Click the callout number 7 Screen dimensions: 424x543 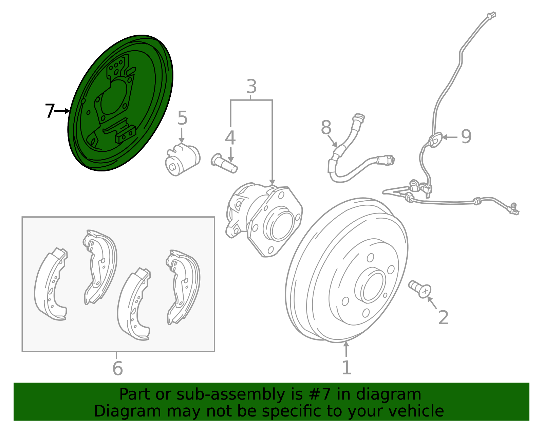pos(50,111)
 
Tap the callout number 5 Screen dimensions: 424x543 pos(182,118)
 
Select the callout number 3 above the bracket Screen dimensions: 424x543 pos(251,87)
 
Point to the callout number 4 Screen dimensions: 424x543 pos(230,138)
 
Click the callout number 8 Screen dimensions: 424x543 pos(326,128)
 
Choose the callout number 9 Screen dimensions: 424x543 pos(466,136)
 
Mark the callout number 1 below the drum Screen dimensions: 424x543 pos(346,368)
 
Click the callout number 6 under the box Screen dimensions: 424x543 pos(117,368)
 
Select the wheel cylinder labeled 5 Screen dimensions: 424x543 pos(182,159)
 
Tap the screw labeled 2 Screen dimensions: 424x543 pos(420,289)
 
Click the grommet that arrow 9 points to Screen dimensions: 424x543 pos(435,140)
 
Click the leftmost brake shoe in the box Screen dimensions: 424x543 pos(51,285)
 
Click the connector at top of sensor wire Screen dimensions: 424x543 pos(491,16)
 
